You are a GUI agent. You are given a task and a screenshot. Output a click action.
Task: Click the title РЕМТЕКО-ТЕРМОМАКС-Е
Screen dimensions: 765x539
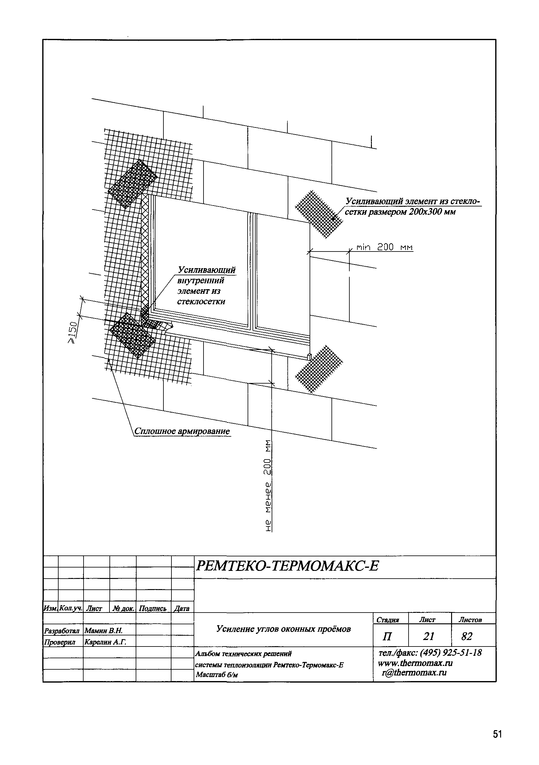287,566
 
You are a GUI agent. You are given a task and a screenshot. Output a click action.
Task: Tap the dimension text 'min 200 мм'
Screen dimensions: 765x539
384,247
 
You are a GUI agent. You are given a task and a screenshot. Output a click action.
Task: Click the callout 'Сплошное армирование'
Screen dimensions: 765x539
182,431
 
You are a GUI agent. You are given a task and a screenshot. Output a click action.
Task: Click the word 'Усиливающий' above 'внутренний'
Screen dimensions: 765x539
206,269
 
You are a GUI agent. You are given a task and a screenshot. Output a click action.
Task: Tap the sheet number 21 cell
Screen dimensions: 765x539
429,636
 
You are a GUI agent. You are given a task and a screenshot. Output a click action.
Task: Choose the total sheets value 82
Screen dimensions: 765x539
467,636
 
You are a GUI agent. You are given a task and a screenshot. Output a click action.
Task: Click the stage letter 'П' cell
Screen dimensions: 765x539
387,637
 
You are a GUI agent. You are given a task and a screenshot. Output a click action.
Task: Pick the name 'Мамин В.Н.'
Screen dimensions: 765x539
104,630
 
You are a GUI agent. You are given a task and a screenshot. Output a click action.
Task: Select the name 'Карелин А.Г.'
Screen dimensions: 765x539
105,642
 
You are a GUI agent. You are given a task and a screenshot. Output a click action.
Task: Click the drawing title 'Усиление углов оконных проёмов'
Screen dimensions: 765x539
283,629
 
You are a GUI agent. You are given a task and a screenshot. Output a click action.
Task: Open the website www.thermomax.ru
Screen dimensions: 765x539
415,663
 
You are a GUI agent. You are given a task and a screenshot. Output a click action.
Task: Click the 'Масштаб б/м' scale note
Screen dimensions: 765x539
216,675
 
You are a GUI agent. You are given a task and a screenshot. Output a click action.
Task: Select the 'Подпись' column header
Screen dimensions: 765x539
152,609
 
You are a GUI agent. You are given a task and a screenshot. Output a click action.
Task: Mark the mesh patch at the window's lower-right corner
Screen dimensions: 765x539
319,369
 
